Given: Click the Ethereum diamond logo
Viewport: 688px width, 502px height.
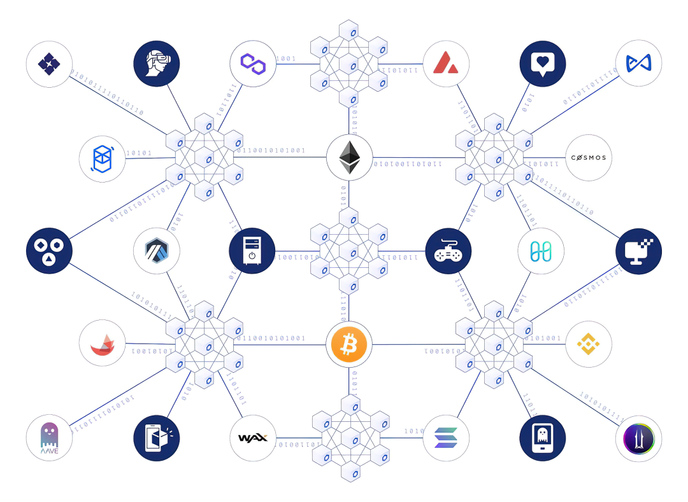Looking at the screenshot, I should [x=349, y=157].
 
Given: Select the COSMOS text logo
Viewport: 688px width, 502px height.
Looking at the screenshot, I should [x=589, y=158].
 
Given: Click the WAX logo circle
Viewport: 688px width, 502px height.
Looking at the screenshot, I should [x=252, y=438].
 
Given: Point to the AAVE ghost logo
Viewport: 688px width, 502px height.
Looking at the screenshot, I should [x=49, y=438].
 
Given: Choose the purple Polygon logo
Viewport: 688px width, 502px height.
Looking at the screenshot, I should [x=252, y=63].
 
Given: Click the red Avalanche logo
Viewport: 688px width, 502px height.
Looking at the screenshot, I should [x=446, y=63].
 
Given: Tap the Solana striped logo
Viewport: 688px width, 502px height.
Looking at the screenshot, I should [x=446, y=438].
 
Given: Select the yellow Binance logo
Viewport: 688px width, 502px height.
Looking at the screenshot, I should [x=589, y=344].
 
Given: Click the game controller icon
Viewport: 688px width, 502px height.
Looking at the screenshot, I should [x=448, y=251].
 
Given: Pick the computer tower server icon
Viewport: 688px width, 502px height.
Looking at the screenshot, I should [x=252, y=251].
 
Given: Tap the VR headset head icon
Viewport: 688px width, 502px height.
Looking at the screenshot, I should [x=156, y=63].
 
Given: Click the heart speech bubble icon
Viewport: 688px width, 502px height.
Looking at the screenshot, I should [x=543, y=63].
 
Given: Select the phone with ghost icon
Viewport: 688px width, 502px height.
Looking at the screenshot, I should [x=543, y=438].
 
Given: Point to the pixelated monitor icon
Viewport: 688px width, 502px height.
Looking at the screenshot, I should [x=639, y=251].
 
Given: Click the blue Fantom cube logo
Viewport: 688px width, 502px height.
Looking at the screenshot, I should [x=102, y=158].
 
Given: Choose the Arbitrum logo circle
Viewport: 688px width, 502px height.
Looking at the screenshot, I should [x=156, y=251].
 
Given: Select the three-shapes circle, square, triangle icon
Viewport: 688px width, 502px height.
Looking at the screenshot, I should [x=49, y=251].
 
